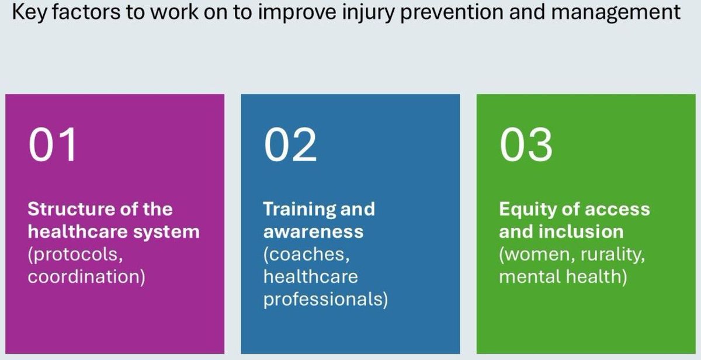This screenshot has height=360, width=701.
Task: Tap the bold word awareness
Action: (x=313, y=231)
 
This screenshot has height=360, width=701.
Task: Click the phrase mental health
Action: (x=563, y=276)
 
